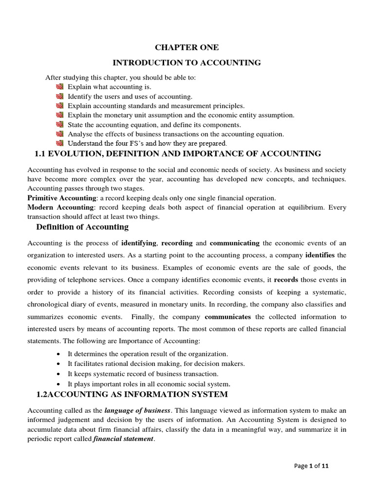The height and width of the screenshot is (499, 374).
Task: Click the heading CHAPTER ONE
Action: click(x=187, y=47)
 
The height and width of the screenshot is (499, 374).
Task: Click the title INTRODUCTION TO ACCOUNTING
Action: click(x=187, y=62)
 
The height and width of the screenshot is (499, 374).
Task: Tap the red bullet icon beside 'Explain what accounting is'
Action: click(x=60, y=87)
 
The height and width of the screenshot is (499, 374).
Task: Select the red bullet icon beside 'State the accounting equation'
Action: click(x=60, y=124)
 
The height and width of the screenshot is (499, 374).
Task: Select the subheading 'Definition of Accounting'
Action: click(x=82, y=227)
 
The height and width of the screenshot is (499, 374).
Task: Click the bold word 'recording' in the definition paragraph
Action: click(x=177, y=243)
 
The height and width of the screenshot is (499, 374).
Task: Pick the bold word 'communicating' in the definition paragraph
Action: click(x=234, y=243)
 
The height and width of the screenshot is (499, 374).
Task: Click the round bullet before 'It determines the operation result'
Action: click(x=59, y=354)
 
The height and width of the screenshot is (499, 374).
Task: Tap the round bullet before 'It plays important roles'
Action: click(x=59, y=384)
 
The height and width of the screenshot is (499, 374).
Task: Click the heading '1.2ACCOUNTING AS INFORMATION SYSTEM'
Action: click(x=132, y=394)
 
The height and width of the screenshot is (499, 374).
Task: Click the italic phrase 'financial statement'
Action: click(x=123, y=439)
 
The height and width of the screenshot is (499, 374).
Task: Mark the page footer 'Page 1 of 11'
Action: click(x=312, y=466)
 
